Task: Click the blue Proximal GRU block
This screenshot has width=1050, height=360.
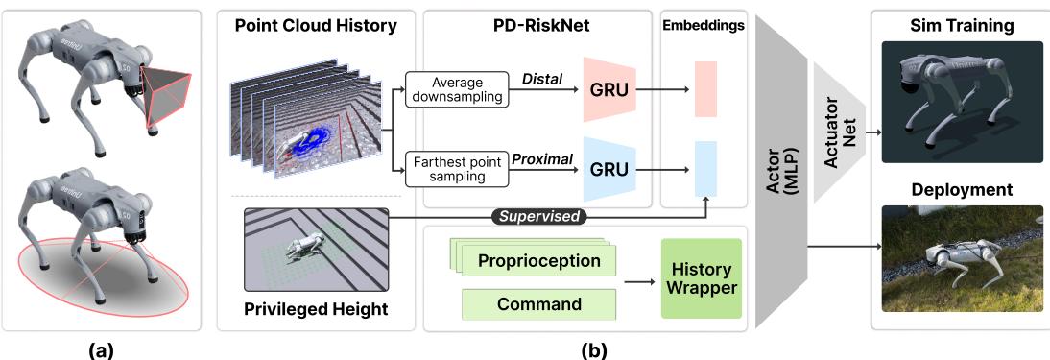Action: (608, 169)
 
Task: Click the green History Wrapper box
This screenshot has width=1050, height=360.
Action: (702, 279)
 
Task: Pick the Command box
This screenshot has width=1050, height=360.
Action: (537, 304)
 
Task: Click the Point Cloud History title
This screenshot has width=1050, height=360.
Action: (316, 23)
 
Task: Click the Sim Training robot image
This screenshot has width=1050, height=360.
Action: (960, 100)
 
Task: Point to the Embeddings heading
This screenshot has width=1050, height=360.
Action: (704, 24)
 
